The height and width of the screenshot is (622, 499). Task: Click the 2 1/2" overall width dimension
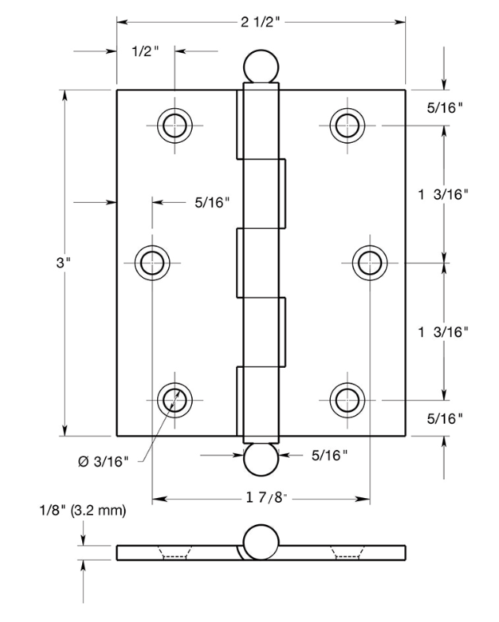click(261, 21)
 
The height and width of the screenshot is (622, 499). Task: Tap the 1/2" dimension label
click(144, 52)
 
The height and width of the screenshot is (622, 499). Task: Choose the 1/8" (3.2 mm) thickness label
click(82, 511)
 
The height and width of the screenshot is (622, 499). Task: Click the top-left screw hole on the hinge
click(174, 124)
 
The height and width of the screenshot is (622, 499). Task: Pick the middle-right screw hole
click(368, 262)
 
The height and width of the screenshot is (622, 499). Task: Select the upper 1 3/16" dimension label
click(444, 193)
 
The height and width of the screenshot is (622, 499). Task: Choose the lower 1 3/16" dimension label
click(444, 332)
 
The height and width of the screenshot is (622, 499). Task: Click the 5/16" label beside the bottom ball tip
click(329, 455)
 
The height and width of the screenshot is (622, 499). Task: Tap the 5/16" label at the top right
click(445, 107)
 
